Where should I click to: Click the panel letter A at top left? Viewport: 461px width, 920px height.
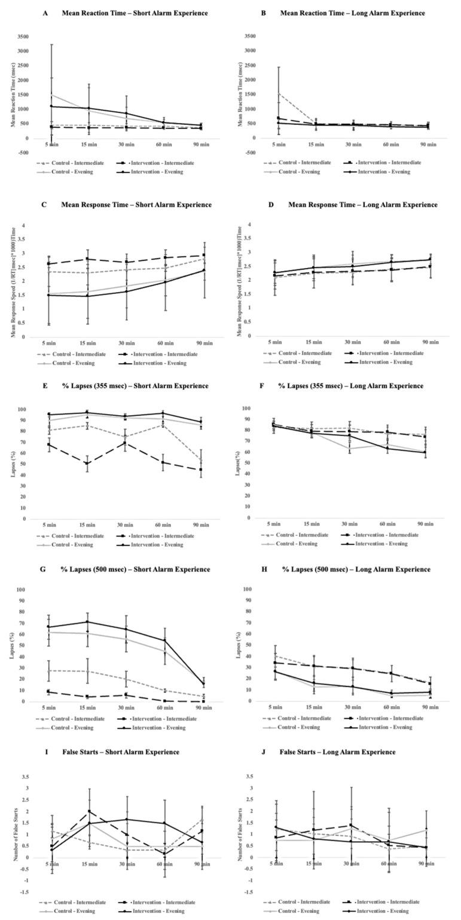[x=45, y=13]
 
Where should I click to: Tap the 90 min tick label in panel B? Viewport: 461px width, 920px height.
[x=429, y=145]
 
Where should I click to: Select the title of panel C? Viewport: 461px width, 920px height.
[x=136, y=204]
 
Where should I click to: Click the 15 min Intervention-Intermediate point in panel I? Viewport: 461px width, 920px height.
[x=89, y=811]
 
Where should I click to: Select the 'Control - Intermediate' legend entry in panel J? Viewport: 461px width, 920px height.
[x=301, y=902]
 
